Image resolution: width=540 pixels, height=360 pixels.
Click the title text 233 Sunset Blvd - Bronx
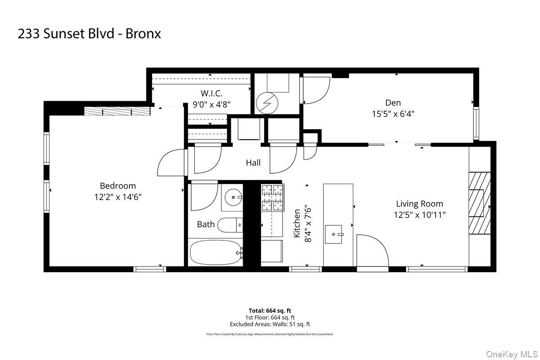pyautogui.click(x=89, y=34)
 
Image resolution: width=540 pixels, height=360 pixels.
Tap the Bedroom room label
pyautogui.click(x=117, y=186)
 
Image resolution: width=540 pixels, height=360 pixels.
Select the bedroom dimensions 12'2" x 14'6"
pyautogui.click(x=117, y=197)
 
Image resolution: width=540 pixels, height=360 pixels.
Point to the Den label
pyautogui.click(x=393, y=103)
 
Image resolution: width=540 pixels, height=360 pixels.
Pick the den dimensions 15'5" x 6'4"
pyautogui.click(x=393, y=114)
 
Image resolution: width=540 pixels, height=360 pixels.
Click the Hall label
pyautogui.click(x=253, y=163)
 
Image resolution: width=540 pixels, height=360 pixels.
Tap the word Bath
pyautogui.click(x=206, y=224)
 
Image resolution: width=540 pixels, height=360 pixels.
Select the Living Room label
pyautogui.click(x=419, y=204)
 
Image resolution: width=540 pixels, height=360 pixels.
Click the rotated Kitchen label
pyautogui.click(x=297, y=224)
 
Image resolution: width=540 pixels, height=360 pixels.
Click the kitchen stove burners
pyautogui.click(x=273, y=198)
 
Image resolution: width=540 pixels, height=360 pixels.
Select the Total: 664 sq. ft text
pyautogui.click(x=270, y=310)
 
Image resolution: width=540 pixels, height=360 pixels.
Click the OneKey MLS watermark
pyautogui.click(x=513, y=353)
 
